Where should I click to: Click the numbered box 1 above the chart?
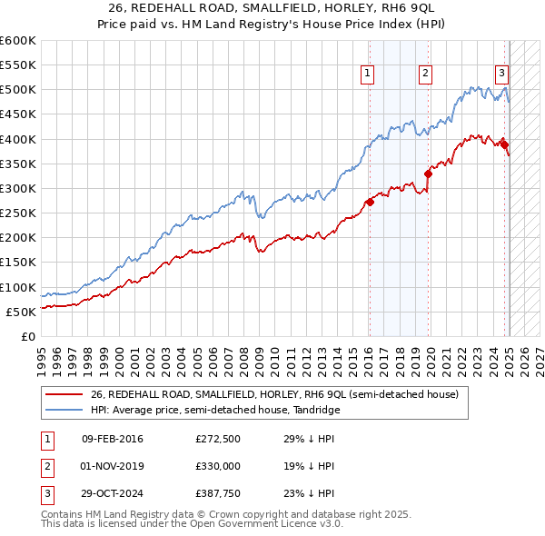pyautogui.click(x=368, y=75)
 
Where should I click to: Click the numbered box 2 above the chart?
pyautogui.click(x=425, y=75)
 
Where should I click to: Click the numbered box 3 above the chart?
pyautogui.click(x=501, y=75)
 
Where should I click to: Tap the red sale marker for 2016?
pyautogui.click(x=369, y=203)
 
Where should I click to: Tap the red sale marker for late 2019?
pyautogui.click(x=428, y=174)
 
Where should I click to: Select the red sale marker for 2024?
pyautogui.click(x=504, y=144)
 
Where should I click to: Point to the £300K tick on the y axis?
pyautogui.click(x=18, y=188)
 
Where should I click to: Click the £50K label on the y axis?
pyautogui.click(x=22, y=312)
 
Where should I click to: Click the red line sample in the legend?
pyautogui.click(x=64, y=395)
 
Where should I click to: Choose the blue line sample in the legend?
pyautogui.click(x=64, y=410)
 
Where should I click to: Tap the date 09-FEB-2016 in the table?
pyautogui.click(x=112, y=439)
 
